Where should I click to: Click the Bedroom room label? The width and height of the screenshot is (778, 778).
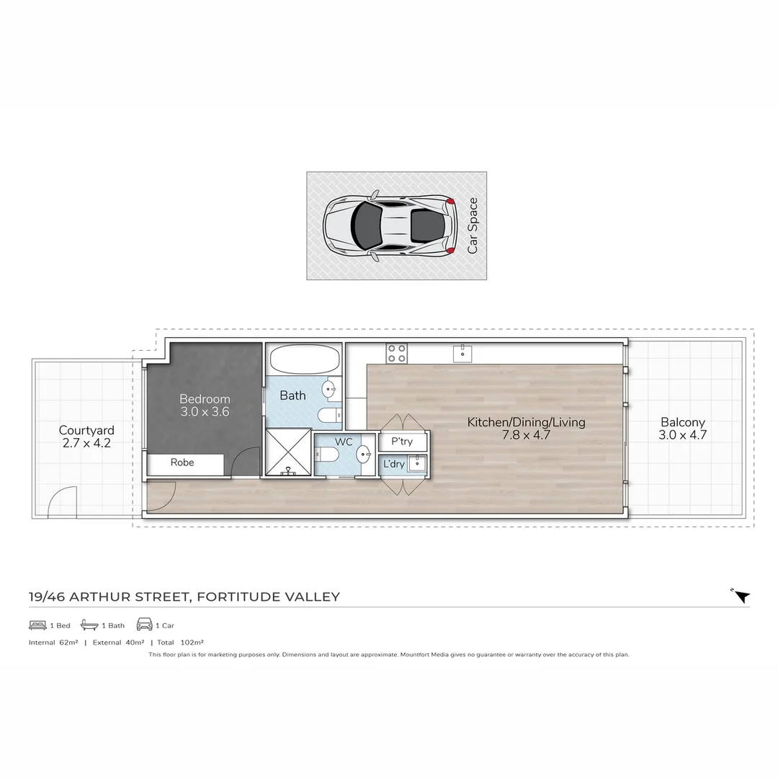point(205,405)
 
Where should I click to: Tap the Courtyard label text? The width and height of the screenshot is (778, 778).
point(86,430)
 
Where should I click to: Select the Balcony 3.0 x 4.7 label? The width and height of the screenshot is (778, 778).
point(683,428)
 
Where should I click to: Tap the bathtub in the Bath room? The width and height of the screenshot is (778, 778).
point(304,359)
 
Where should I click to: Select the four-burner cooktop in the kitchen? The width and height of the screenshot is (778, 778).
point(396,353)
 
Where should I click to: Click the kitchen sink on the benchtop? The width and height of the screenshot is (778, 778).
point(462,354)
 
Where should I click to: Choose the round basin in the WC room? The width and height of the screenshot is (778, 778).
point(364,454)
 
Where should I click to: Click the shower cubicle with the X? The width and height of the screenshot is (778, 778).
point(288,452)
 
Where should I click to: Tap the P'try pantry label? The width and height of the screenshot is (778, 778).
point(402,441)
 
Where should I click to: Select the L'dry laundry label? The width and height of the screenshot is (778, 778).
point(394,464)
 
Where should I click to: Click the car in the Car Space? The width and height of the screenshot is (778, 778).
point(390,225)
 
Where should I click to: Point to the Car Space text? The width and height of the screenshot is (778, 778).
point(473,225)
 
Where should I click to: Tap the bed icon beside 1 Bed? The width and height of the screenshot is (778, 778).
point(37,625)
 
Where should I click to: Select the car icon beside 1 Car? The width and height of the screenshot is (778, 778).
point(144,624)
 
